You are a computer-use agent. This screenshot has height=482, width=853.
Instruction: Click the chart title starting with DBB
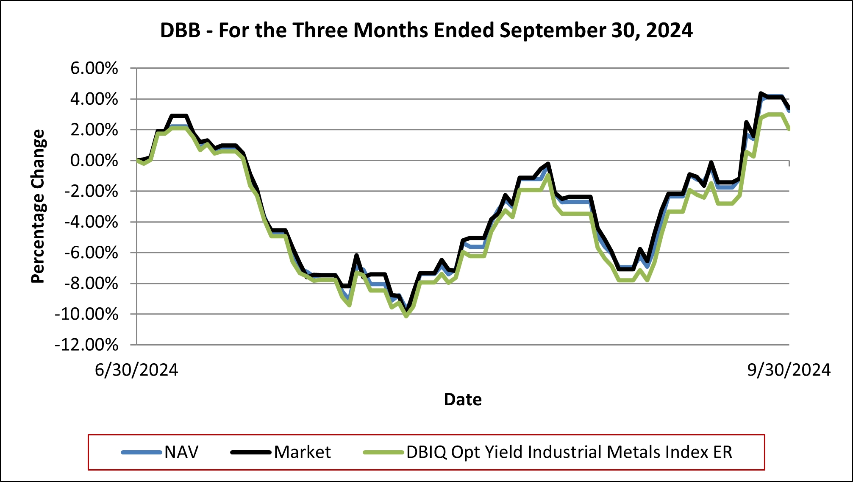point(426,31)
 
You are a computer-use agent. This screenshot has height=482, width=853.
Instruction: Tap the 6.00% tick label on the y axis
point(94,68)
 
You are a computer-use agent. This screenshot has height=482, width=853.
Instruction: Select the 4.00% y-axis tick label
point(94,99)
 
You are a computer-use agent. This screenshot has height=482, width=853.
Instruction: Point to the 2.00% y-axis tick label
point(94,130)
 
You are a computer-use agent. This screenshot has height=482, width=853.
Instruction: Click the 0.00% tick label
point(94,161)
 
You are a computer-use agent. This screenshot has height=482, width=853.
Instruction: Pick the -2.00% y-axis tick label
point(91,191)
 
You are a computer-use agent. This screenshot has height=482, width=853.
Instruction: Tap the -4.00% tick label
point(91,222)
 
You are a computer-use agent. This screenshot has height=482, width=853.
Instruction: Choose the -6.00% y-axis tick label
point(91,253)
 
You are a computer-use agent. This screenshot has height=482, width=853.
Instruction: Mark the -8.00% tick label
point(91,284)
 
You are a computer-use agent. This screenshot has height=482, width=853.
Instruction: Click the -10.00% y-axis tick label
point(86,314)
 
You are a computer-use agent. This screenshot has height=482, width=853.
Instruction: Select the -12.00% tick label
point(86,345)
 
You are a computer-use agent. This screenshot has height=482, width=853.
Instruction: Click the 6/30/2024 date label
point(136,370)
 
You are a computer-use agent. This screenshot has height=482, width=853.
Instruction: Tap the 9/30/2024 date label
point(789,370)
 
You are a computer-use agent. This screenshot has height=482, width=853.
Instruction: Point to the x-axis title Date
point(463,399)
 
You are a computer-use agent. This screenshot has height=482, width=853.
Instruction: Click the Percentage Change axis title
point(38,206)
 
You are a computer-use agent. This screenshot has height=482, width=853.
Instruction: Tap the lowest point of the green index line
point(406,316)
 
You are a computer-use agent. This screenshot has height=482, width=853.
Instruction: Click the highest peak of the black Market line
point(761,94)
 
